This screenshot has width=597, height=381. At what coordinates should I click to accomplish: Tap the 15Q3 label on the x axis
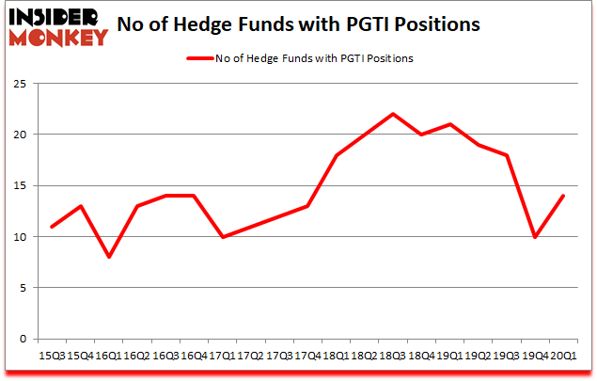[x=51, y=357]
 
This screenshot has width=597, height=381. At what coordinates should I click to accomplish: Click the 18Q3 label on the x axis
[x=391, y=357]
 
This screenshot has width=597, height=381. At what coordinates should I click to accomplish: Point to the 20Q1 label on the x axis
[x=562, y=357]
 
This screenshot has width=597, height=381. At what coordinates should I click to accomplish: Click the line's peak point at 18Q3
[x=392, y=114]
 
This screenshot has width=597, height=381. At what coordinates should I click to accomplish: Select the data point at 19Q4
[x=534, y=237]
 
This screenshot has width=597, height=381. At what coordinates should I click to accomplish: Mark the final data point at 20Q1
[x=562, y=196]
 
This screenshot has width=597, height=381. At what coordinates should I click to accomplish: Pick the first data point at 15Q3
[x=52, y=227]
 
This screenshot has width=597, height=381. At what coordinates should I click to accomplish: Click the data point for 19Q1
[x=449, y=124]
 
